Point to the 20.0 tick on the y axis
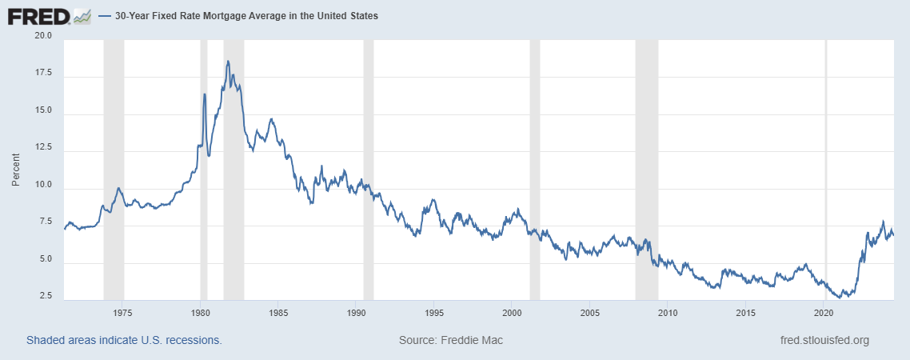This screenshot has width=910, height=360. click(x=42, y=36)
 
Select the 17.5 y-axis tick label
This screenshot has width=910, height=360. click(x=42, y=74)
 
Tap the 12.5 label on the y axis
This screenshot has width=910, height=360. click(x=42, y=148)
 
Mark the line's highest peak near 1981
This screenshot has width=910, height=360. click(x=228, y=61)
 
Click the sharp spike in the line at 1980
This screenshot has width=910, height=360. click(x=205, y=94)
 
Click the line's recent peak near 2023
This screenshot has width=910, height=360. click(x=883, y=222)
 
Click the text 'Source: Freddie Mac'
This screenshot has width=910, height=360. click(x=450, y=340)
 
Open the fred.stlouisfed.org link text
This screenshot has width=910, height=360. click(x=824, y=340)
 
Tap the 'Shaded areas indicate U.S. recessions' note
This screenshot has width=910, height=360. click(x=124, y=340)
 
